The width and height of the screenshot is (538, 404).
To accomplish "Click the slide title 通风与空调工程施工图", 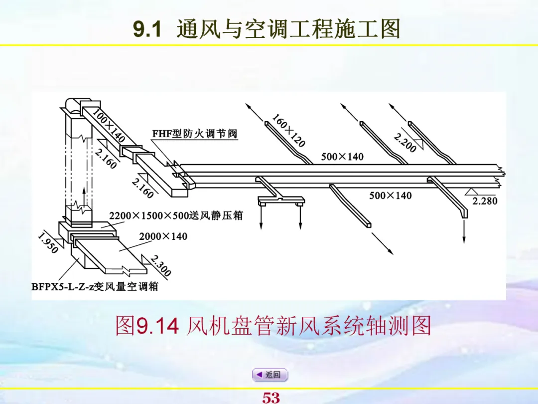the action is click(x=289, y=29).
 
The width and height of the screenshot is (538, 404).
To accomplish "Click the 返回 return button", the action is click(x=269, y=375).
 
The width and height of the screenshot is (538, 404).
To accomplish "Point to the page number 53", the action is click(x=271, y=398).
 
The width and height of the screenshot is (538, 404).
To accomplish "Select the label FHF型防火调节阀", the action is click(x=195, y=134).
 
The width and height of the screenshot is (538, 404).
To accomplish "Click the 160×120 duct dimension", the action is click(x=288, y=130).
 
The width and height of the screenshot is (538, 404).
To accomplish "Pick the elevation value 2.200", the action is click(x=404, y=142).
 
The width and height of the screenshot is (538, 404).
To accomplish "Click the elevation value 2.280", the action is click(x=485, y=201).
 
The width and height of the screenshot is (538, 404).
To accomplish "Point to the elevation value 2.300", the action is click(x=160, y=266).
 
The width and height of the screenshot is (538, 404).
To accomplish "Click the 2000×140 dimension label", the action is click(x=163, y=236).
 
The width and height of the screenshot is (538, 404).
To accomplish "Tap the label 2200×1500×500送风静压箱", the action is click(x=176, y=215).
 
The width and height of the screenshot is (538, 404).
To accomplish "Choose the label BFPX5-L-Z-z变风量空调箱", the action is click(x=95, y=287).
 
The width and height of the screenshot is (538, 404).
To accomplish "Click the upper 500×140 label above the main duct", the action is click(x=342, y=157).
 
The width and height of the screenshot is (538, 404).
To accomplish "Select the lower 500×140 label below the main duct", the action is click(x=391, y=196).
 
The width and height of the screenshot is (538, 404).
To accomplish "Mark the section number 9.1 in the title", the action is click(x=147, y=30).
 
